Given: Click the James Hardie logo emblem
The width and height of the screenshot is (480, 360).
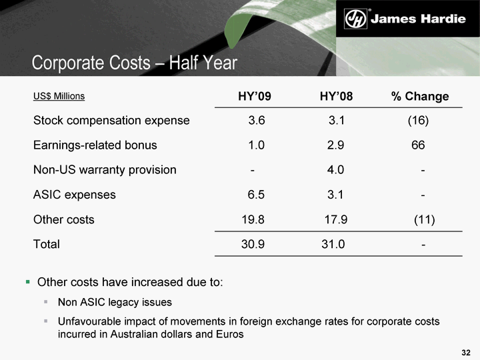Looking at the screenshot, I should (355, 19).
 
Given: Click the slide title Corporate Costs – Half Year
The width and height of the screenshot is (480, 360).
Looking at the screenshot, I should (135, 63).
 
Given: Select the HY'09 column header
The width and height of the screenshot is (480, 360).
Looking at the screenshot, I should (255, 97).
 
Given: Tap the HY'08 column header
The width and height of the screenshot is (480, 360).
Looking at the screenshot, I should (336, 97).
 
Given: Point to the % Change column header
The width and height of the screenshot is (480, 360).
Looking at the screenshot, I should (420, 97).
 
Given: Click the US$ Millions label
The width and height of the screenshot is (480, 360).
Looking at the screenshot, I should (59, 96).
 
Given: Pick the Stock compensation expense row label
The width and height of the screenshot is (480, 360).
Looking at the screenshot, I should (111, 121).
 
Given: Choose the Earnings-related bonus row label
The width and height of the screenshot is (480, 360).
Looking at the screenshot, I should (95, 145).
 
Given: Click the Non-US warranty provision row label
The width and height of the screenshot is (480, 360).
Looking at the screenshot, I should (105, 170).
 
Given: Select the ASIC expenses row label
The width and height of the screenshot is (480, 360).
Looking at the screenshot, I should (74, 195).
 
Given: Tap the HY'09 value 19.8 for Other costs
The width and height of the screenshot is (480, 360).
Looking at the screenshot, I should (253, 219).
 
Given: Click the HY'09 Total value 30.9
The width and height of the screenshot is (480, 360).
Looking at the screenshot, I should (253, 244).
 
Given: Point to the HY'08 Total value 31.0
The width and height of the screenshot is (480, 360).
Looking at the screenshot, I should (333, 244).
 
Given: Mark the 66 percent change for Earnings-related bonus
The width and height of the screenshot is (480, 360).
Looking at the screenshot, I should (419, 145).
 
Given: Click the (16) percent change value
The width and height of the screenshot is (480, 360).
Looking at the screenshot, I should (418, 121).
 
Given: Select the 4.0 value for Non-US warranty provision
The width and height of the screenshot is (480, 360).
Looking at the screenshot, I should (336, 170).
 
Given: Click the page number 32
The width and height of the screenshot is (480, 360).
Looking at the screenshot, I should (466, 351).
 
